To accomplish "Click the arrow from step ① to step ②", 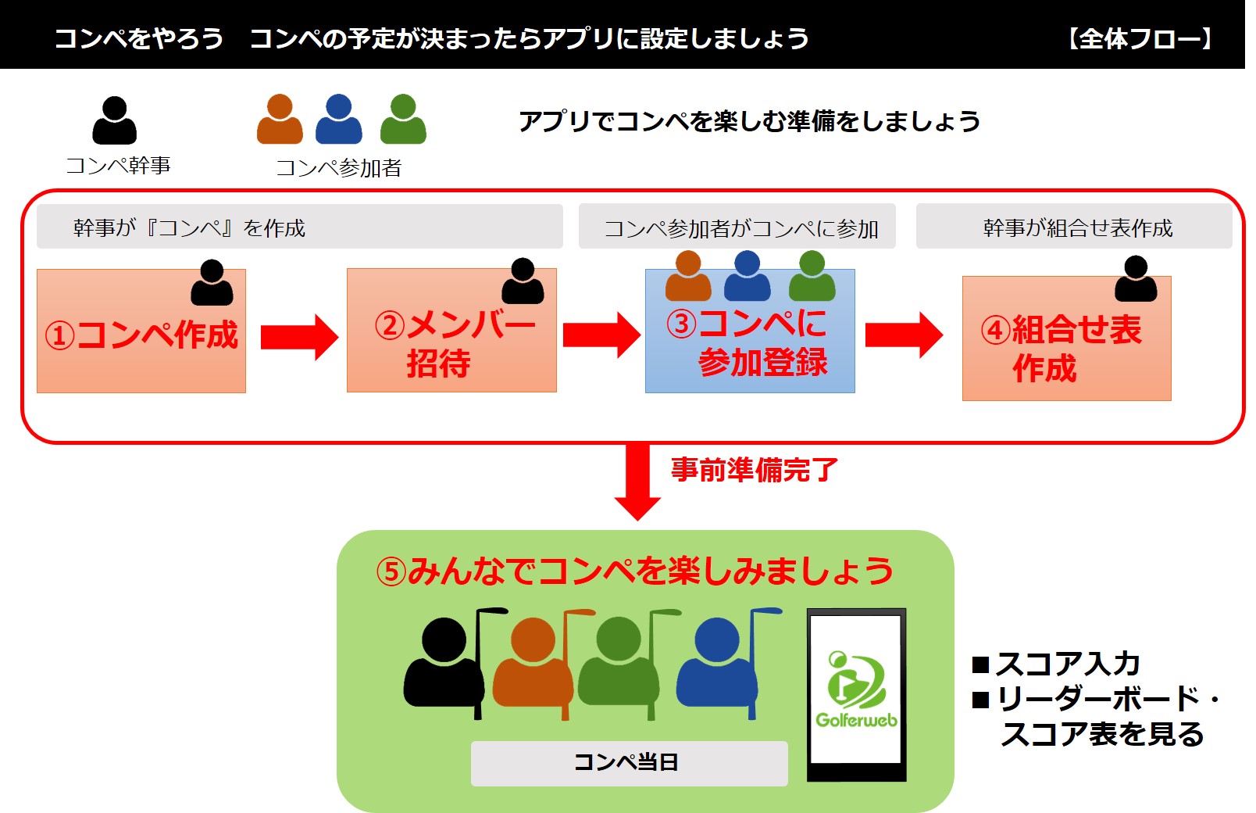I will [x=298, y=337].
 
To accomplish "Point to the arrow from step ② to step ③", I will [x=601, y=335].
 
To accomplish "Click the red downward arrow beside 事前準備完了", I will [x=637, y=481].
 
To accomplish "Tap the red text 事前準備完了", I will [x=754, y=470].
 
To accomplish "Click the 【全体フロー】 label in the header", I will [x=1140, y=38].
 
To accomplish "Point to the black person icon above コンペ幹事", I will [x=115, y=120].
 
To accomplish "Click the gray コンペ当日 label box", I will [x=629, y=763].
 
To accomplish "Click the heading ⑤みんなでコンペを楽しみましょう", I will [x=635, y=571].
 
